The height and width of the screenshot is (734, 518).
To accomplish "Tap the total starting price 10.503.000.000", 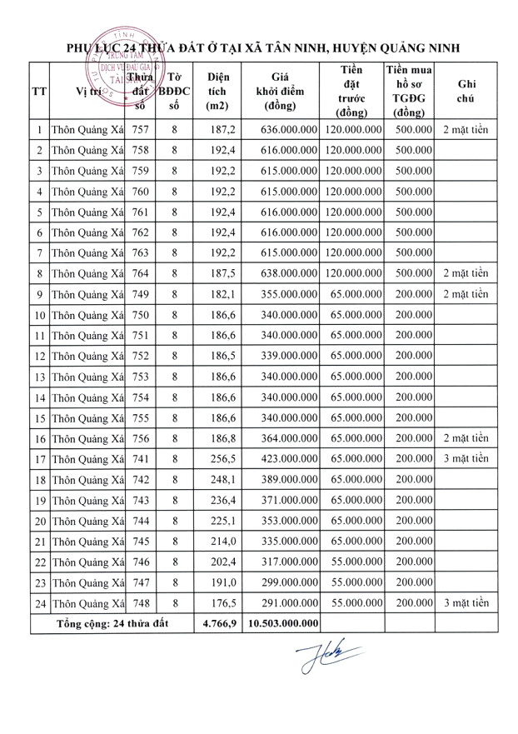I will [x=284, y=622].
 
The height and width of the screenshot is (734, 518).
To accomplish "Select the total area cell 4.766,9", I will [x=218, y=622].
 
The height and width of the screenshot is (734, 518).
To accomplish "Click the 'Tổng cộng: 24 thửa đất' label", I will [x=112, y=622].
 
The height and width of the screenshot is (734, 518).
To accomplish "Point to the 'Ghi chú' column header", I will [x=466, y=92].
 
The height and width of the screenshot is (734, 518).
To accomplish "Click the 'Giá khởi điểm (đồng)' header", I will [x=284, y=92].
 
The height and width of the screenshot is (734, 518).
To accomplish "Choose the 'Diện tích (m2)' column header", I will [x=218, y=92].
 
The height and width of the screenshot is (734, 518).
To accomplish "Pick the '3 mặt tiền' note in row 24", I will [x=466, y=602].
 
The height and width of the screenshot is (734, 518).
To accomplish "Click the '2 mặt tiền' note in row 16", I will [x=466, y=437].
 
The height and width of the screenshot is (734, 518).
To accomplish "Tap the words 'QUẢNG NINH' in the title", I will [x=413, y=48].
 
